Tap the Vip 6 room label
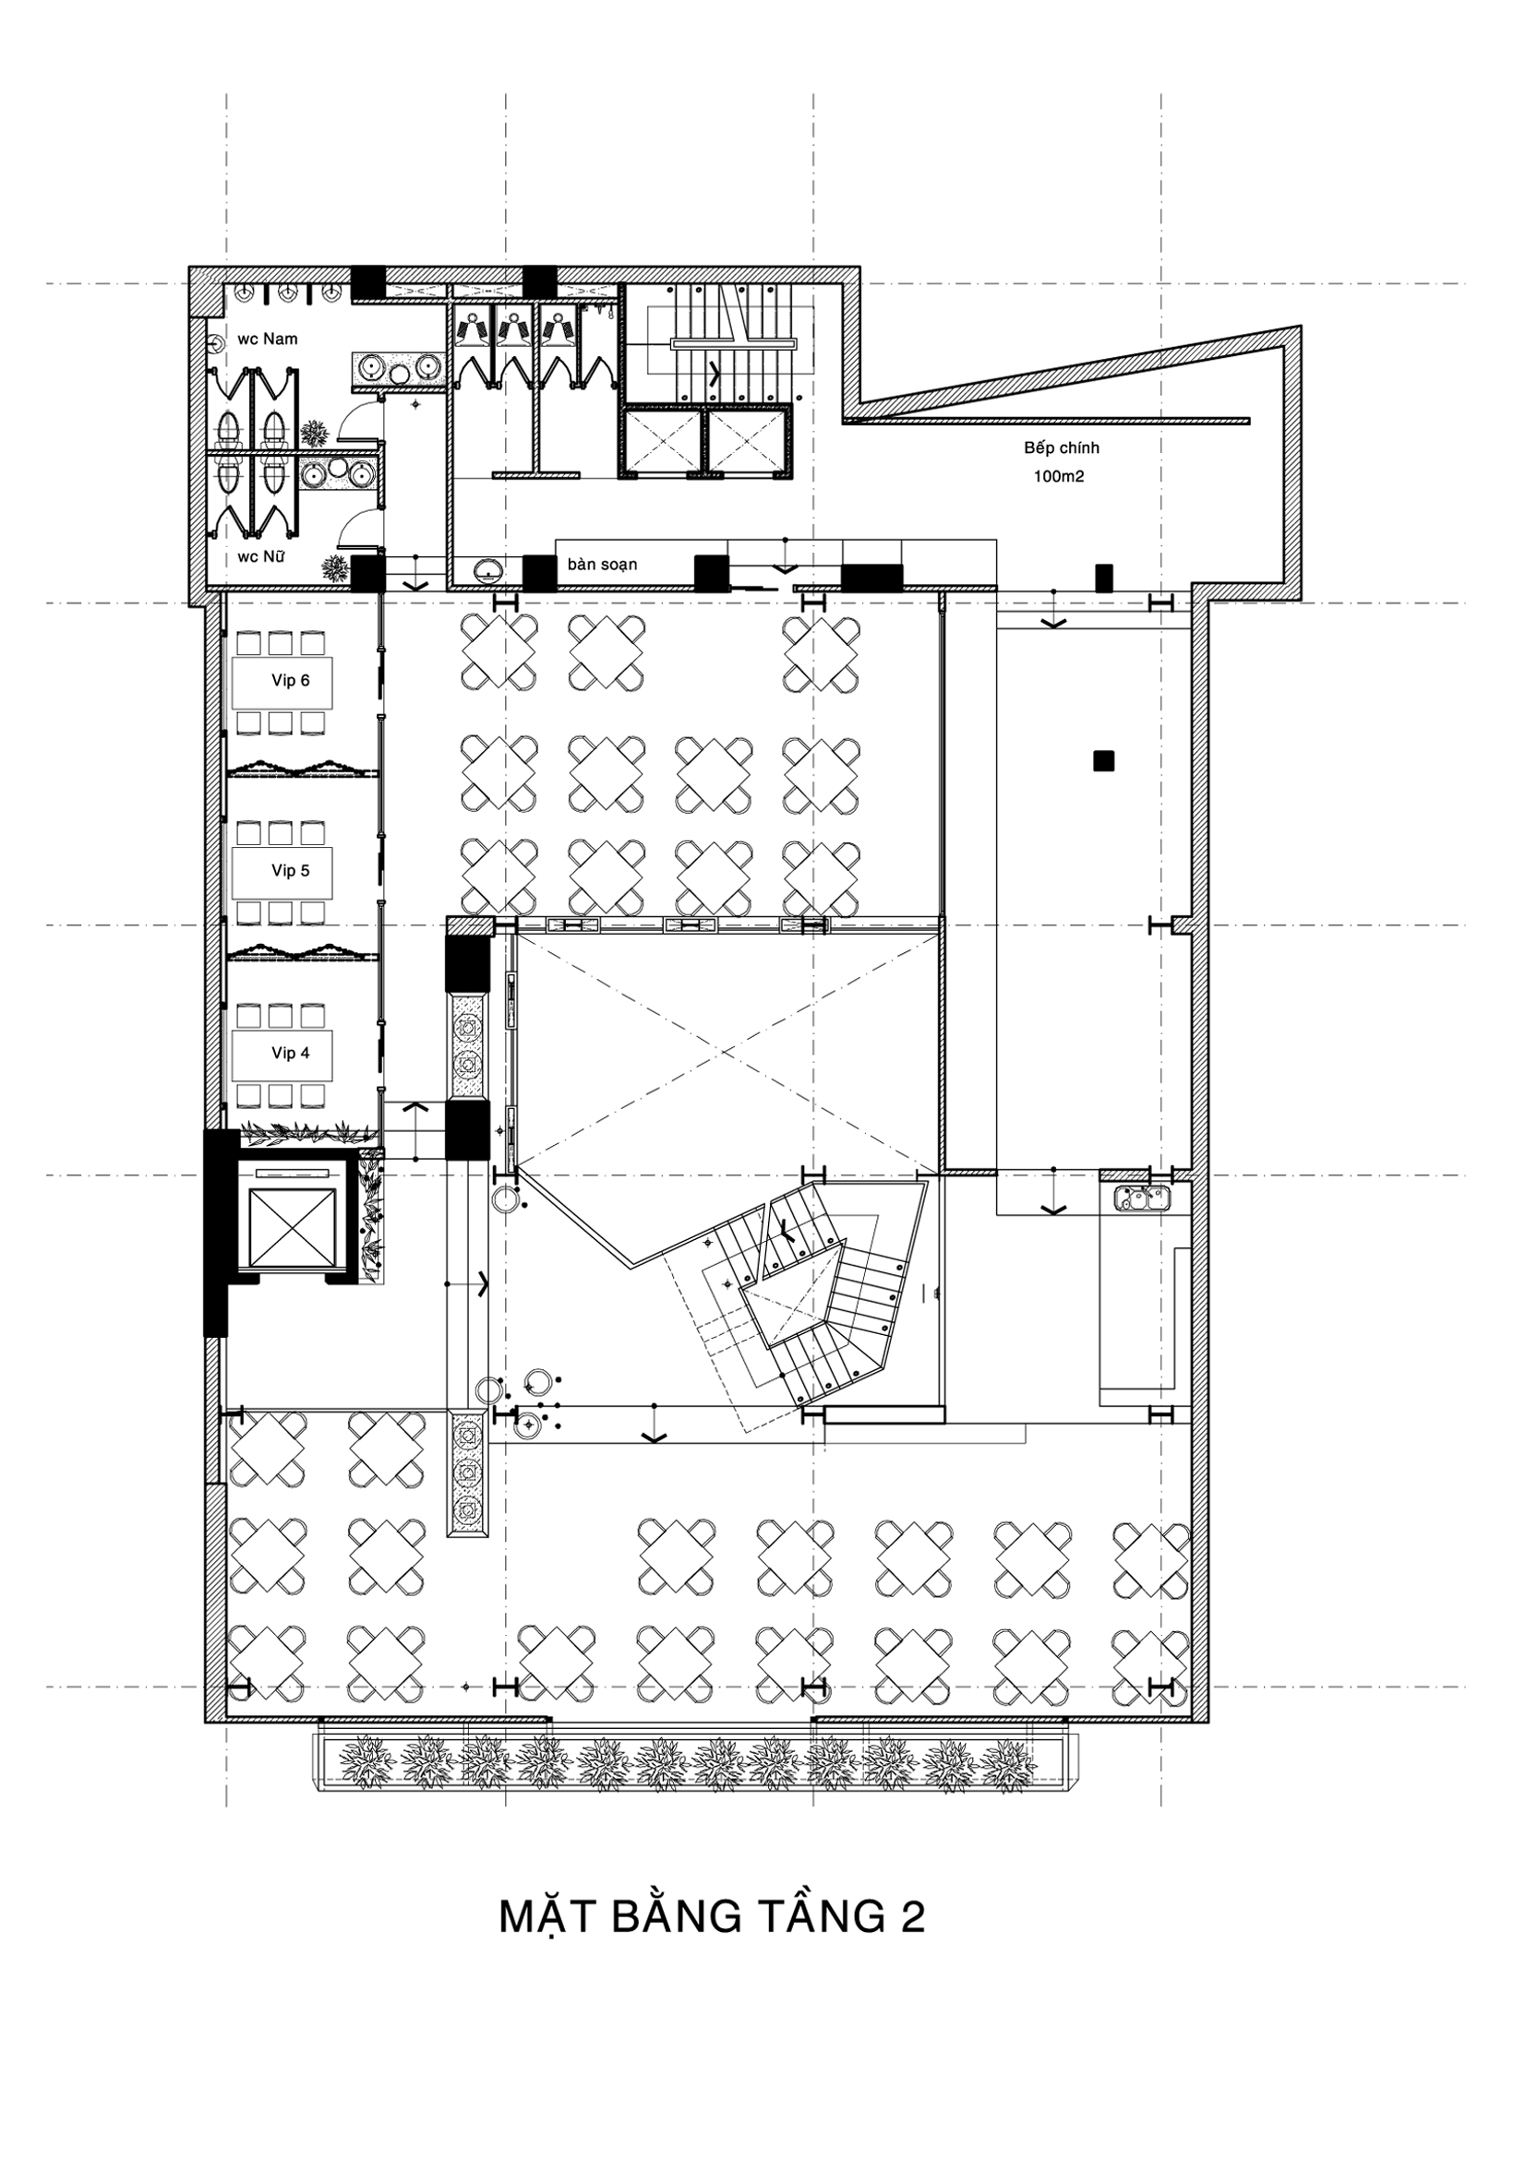tap(291, 681)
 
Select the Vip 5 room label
tap(291, 870)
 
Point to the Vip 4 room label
tap(291, 1053)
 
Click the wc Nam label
tap(267, 339)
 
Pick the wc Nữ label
tap(261, 556)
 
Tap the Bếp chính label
tap(1062, 448)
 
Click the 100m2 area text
tap(1060, 476)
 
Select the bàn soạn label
tap(602, 565)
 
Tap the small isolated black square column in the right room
tap(1103, 760)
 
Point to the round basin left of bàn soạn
tap(488, 569)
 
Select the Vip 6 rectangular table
tap(282, 682)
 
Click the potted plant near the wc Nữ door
tap(334, 567)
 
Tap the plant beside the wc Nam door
tap(313, 434)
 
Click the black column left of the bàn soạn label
tap(540, 572)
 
